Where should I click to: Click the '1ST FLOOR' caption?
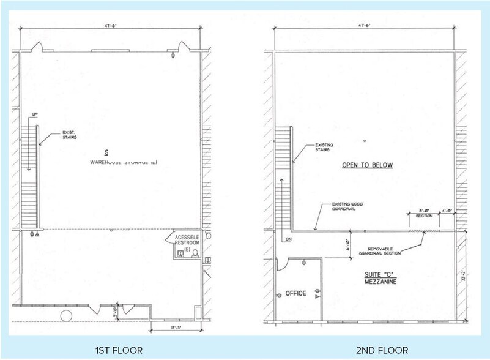point(119,350)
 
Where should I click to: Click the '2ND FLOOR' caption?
point(382,350)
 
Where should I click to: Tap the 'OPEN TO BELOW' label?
point(367,165)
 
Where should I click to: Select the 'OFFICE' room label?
point(295,294)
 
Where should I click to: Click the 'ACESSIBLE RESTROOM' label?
point(186,243)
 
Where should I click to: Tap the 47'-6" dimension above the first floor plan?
point(111,26)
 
